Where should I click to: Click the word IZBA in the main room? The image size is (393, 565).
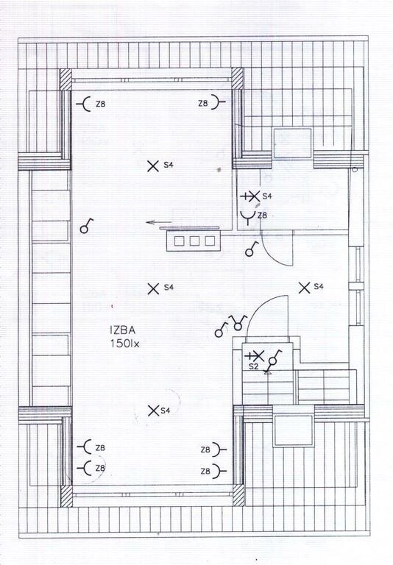[122, 330]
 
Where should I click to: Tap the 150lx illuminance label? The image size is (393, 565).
[125, 344]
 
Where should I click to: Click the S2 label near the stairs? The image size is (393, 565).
[254, 366]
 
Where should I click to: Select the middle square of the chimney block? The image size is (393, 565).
[194, 241]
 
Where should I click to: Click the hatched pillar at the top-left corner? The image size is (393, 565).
[65, 79]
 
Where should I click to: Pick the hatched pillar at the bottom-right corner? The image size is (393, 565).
[238, 495]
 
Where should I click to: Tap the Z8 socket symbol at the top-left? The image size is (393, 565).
[84, 104]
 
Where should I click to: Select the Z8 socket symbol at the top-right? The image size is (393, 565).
[217, 102]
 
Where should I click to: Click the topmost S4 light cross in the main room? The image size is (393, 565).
[153, 166]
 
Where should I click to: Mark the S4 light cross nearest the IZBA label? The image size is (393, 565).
[154, 288]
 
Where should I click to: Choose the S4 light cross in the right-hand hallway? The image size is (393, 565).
[305, 288]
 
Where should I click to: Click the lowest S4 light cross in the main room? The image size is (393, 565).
[154, 411]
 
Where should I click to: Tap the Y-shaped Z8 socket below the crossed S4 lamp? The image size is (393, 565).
[248, 217]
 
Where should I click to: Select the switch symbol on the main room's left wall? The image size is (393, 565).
[86, 227]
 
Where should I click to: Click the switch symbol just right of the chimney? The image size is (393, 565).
[251, 249]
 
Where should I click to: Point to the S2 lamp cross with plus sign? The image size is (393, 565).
[255, 356]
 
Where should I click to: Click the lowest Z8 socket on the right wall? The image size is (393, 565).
[218, 471]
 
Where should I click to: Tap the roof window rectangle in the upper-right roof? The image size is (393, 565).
[292, 143]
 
